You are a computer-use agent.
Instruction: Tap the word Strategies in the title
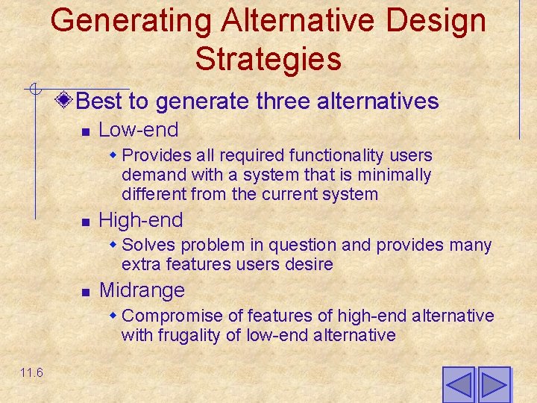(x=268, y=59)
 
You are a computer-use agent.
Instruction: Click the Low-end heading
(x=139, y=130)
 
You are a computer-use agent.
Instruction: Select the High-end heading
(x=141, y=220)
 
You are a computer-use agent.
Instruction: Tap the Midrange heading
(x=142, y=290)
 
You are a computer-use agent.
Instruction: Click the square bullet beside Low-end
(x=85, y=131)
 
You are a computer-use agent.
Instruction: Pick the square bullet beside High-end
(x=85, y=222)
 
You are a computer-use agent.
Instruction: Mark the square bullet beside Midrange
(x=85, y=291)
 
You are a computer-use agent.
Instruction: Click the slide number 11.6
(x=31, y=373)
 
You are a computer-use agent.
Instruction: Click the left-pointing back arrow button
(x=458, y=385)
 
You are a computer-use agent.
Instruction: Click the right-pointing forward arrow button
(x=494, y=385)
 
